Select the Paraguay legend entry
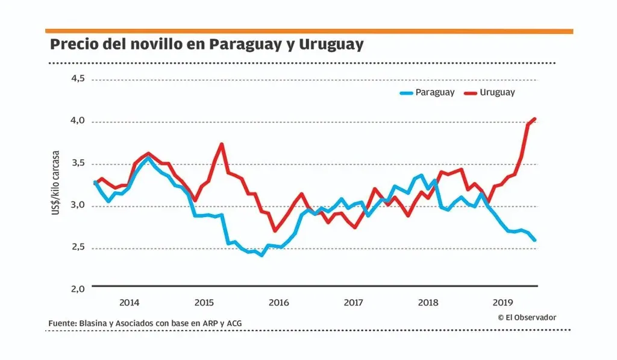(434, 92)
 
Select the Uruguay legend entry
(498, 92)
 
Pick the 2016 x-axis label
(278, 302)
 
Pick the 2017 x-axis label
(353, 302)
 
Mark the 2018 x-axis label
(428, 302)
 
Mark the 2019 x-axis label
(503, 302)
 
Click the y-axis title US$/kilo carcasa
(56, 182)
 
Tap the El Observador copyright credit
(527, 317)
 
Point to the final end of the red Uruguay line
(535, 119)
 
